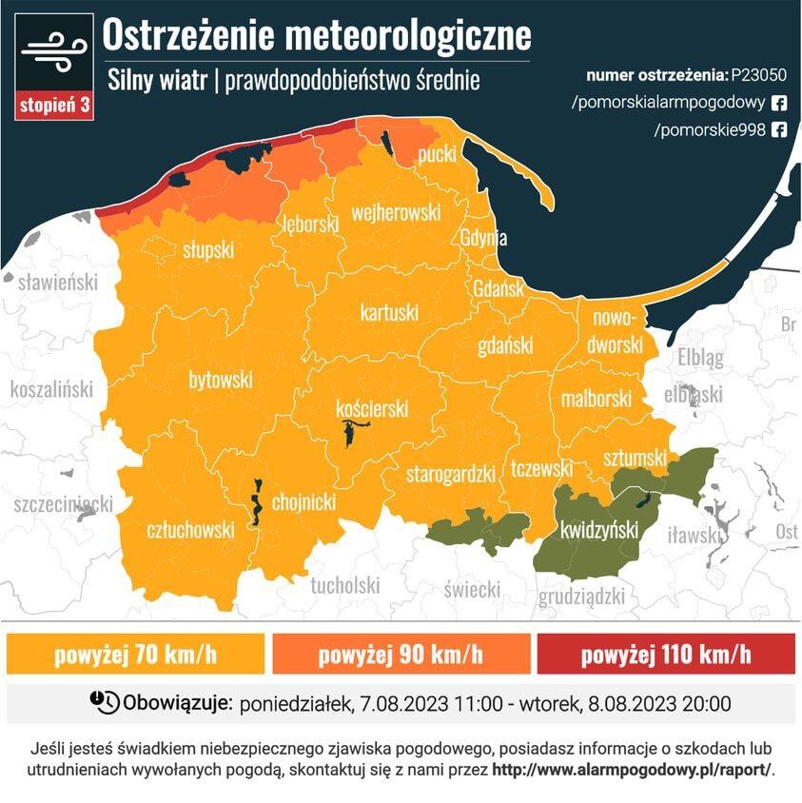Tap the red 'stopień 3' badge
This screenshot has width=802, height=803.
tap(54, 106)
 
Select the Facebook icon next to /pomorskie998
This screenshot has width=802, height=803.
tap(778, 130)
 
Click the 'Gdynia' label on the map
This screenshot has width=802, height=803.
tap(483, 239)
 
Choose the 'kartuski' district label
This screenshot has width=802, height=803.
tap(389, 312)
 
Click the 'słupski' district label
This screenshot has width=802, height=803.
tap(208, 250)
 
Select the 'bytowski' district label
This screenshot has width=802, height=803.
tap(221, 380)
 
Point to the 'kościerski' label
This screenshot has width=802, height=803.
tap(372, 408)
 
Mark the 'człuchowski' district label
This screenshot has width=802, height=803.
tap(190, 530)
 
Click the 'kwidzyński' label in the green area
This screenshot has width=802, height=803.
tap(599, 530)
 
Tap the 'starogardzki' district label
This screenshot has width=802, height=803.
tap(452, 473)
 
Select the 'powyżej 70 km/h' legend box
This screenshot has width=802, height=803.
tap(135, 655)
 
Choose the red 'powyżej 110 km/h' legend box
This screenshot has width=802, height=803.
tap(665, 655)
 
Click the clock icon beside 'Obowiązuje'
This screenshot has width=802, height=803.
tap(105, 703)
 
